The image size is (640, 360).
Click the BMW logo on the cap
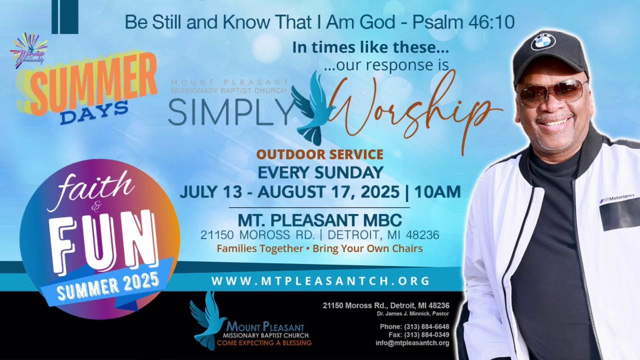point(543,41)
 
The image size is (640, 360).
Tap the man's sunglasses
point(552,91)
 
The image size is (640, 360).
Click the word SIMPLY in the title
point(229,113)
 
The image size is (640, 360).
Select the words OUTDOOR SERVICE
point(320,154)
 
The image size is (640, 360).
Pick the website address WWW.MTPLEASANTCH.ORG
point(320,281)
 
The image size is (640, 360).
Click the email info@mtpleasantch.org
point(412,343)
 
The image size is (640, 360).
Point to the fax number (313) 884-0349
point(429,334)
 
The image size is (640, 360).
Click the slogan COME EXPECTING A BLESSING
point(264,343)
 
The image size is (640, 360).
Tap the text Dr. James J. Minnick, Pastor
point(413,313)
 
